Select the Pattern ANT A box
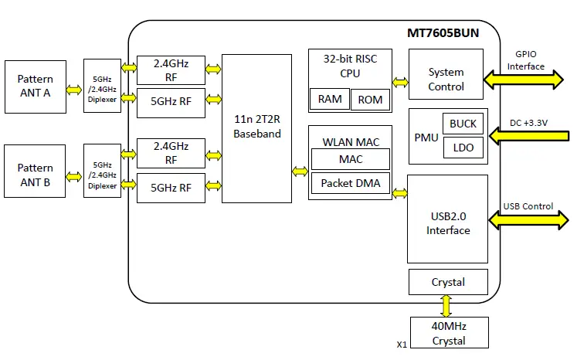coord(36,87)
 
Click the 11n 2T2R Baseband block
coord(257,128)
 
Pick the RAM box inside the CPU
coord(330,99)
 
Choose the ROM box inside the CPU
coord(370,100)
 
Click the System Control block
coord(446,79)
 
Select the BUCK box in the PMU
coord(463,124)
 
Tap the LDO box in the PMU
coord(463,148)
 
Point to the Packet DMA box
coord(350,184)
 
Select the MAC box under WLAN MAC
coord(350,159)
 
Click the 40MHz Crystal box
coord(449,333)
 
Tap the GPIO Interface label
coord(526,60)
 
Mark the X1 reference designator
coord(401,345)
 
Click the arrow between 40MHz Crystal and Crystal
coord(446,305)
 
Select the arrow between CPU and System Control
coord(400,81)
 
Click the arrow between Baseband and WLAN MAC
coord(300,171)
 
